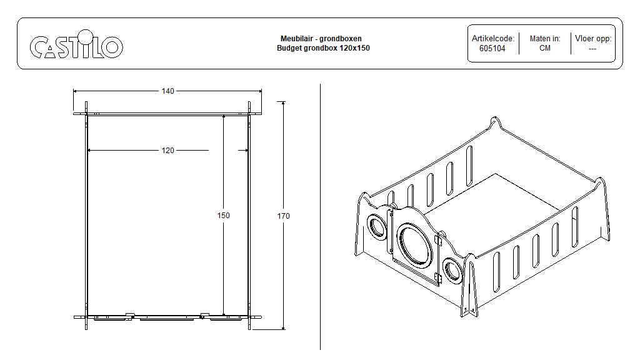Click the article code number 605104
492,49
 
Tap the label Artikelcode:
493,38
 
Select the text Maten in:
545,38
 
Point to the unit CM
545,48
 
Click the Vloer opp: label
593,38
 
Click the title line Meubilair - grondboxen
321,38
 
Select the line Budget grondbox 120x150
323,48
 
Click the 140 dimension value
167,91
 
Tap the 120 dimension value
167,151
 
